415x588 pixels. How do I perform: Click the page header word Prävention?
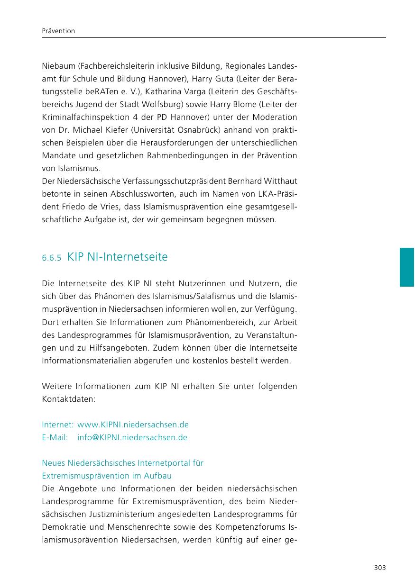58,31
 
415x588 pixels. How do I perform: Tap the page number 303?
379,568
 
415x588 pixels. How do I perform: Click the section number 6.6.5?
52,258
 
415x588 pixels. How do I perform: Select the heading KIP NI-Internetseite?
117,257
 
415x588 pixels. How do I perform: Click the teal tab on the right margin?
406,267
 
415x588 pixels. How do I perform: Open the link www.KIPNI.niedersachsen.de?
133,425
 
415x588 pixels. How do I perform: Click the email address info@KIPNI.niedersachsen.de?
132,437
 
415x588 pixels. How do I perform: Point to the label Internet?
58,425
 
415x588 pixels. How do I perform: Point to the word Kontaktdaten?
69,399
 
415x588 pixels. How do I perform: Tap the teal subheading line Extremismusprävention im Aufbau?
107,476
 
